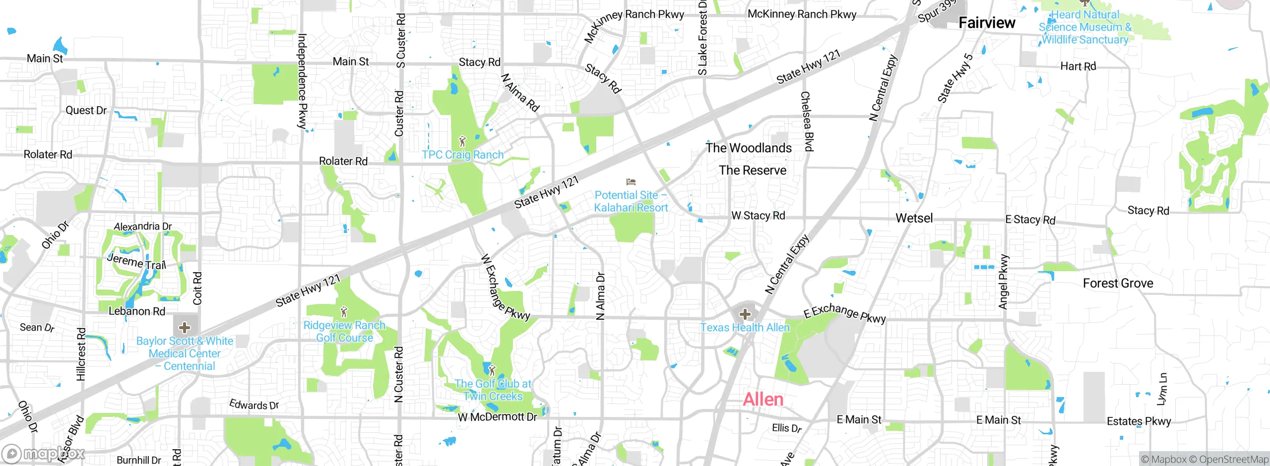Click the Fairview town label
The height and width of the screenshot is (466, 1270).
click(986, 23)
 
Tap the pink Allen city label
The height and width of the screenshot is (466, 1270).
click(763, 400)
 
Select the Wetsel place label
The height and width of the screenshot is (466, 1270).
click(914, 218)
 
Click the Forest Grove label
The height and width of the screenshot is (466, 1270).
click(1118, 284)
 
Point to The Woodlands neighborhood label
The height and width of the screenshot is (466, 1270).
click(749, 148)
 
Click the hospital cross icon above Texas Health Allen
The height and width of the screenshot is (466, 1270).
click(745, 314)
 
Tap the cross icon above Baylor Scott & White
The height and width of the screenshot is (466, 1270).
click(185, 327)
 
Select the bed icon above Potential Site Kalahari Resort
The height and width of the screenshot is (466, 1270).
click(631, 182)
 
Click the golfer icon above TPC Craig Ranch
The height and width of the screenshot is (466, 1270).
click(462, 142)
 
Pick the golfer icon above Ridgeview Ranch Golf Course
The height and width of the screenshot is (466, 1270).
click(344, 312)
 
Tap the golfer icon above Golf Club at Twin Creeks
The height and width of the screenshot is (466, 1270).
click(492, 370)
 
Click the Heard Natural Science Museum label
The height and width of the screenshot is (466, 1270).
click(1085, 27)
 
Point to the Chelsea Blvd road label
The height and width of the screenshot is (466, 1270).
click(807, 121)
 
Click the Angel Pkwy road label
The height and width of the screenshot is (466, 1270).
click(1003, 282)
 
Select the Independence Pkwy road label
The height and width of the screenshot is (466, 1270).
click(302, 82)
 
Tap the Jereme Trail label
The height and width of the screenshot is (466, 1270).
click(136, 261)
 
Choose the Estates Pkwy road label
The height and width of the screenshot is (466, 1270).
click(1139, 421)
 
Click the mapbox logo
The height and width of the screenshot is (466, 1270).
click(44, 454)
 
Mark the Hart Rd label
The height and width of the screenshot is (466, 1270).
click(1078, 66)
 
